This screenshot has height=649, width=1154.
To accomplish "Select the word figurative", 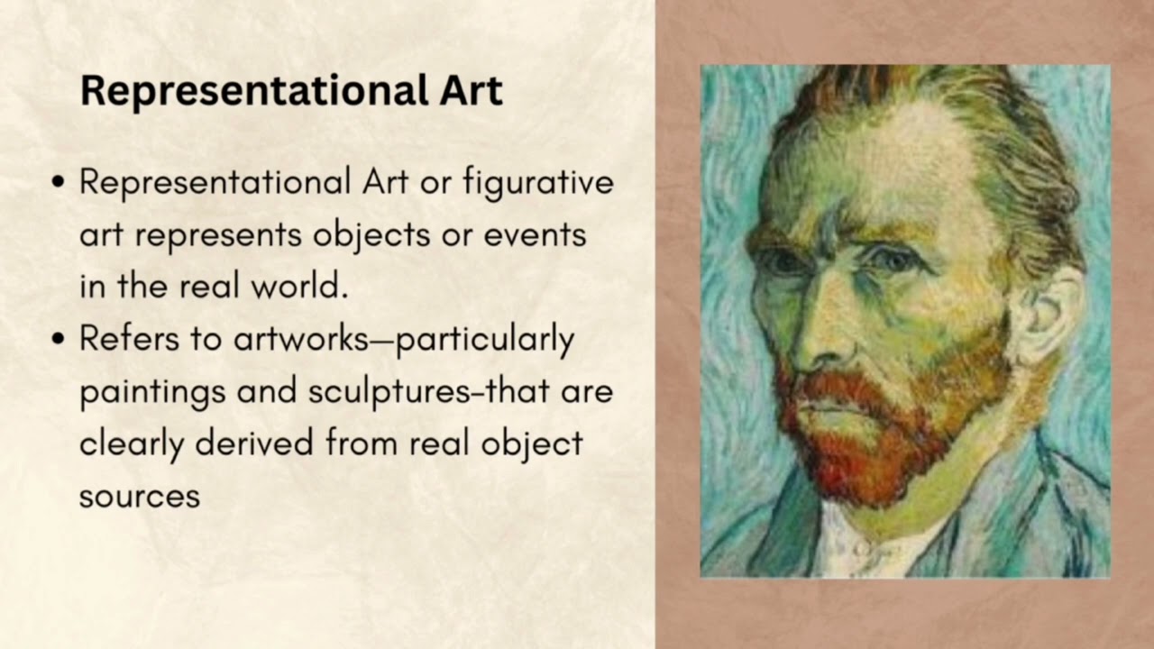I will coord(538,183).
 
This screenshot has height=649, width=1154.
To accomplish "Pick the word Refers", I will coord(126,339).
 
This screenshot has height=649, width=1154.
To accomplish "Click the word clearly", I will coord(132,443).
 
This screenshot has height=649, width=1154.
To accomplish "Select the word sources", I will coord(139,496).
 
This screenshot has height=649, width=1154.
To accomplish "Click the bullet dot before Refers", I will coord(60,340).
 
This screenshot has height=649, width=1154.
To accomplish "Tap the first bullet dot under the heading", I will coord(60,183).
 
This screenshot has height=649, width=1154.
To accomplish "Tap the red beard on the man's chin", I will coord(856,451).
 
